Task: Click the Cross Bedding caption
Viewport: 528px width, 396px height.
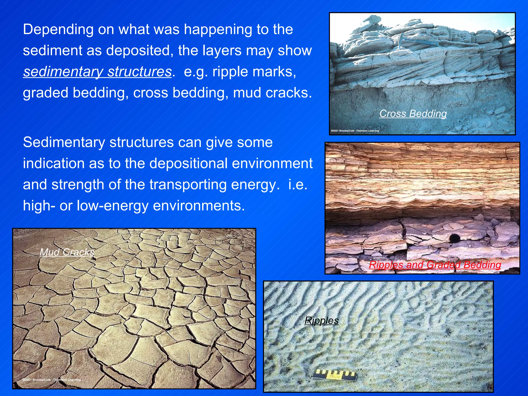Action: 413,114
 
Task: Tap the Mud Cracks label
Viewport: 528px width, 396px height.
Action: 67,252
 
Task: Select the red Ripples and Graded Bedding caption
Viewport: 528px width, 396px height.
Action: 435,265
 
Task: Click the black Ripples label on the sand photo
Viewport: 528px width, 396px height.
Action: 321,321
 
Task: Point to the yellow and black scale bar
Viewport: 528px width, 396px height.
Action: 334,374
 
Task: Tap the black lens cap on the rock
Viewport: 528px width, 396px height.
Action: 455,238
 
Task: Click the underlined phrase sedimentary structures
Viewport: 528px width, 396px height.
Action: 97,72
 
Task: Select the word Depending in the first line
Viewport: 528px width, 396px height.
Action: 58,30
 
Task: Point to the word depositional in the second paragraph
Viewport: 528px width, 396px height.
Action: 194,163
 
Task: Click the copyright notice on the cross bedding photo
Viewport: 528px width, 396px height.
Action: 355,131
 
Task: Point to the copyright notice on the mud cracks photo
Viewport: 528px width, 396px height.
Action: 51,380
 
